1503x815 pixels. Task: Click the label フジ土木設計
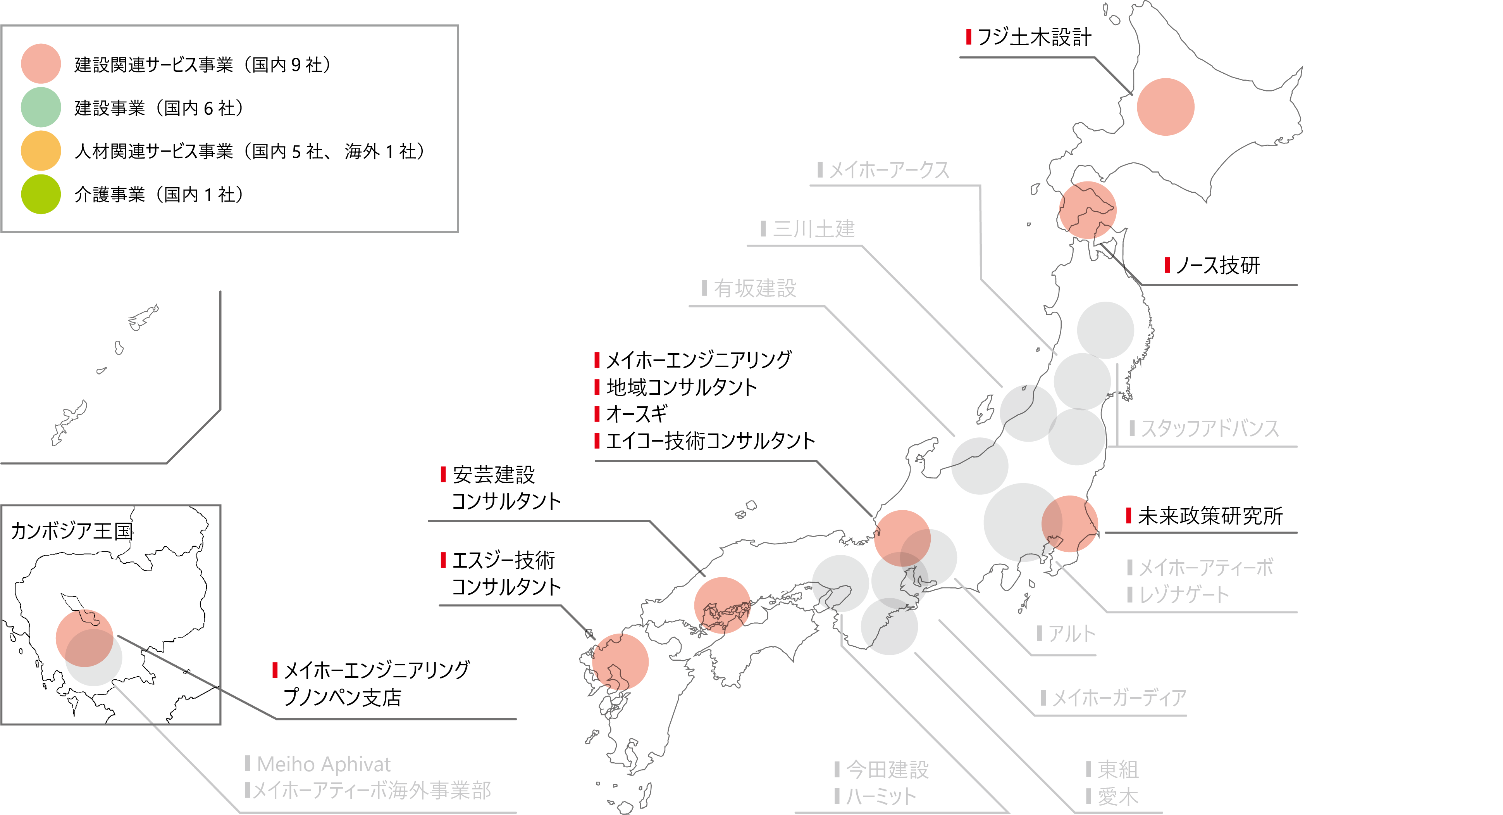(1033, 37)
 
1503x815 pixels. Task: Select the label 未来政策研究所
(1210, 516)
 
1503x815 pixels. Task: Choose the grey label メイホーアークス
(889, 171)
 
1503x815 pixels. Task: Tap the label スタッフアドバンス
(1210, 428)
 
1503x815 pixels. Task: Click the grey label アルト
(1071, 634)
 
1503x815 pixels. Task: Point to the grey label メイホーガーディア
(1119, 698)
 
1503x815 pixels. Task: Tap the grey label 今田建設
(887, 770)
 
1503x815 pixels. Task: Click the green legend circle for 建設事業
(41, 107)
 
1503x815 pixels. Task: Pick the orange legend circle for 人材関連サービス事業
(41, 150)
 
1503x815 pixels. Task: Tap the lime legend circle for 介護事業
(41, 194)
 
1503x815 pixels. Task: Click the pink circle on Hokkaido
(1165, 107)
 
